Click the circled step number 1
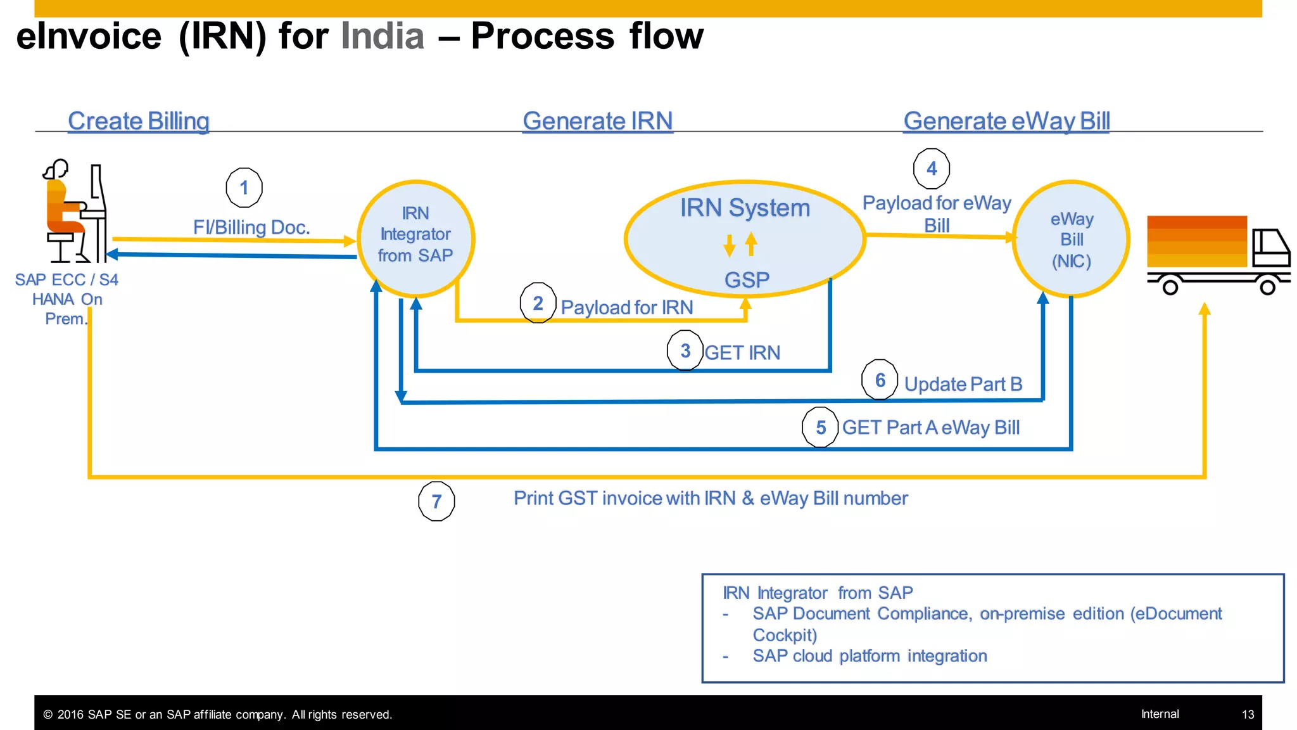(244, 188)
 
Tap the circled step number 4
(931, 169)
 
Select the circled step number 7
(436, 501)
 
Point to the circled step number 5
(820, 427)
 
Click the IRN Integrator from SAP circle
(415, 238)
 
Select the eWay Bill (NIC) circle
(1071, 239)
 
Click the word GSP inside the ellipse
(747, 279)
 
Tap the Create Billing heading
(138, 121)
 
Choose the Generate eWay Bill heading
(1006, 121)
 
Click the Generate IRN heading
(597, 121)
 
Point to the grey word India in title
(383, 36)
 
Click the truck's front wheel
(1267, 287)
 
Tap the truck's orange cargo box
(1196, 241)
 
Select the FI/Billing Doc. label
(251, 227)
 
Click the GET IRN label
(742, 353)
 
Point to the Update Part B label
(963, 384)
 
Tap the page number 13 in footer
(1248, 714)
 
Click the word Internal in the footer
(1160, 714)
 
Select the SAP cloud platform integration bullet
(869, 656)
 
